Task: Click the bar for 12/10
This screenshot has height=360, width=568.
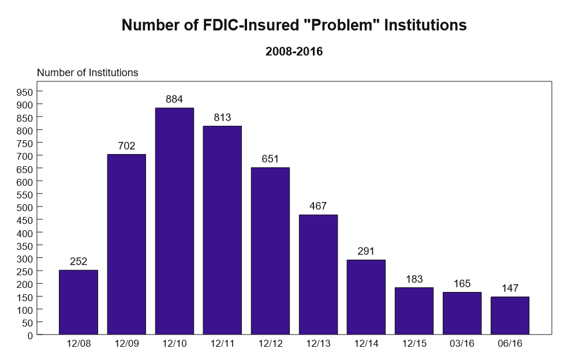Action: click(x=174, y=221)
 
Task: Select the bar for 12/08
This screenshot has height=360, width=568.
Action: click(x=79, y=302)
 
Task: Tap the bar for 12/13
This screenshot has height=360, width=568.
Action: click(x=318, y=274)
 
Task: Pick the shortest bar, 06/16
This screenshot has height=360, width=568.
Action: click(x=510, y=315)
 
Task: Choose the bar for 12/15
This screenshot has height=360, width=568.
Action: click(x=414, y=310)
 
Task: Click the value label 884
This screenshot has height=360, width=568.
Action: click(x=174, y=99)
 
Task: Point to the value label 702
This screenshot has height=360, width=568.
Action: click(x=126, y=146)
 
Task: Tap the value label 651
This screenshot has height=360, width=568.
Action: click(x=270, y=159)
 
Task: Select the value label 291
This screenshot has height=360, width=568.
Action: click(x=366, y=251)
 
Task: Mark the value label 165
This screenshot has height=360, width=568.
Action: click(x=462, y=283)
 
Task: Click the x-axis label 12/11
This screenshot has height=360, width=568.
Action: click(x=222, y=344)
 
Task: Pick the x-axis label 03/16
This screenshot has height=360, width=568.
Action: click(x=462, y=344)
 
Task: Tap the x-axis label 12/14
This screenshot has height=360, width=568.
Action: click(x=366, y=344)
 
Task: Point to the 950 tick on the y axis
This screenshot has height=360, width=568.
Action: click(x=26, y=92)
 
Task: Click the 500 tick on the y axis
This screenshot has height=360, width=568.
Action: click(x=26, y=207)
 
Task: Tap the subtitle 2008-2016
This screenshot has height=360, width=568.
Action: click(x=294, y=51)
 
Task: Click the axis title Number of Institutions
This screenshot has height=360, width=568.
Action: click(x=88, y=73)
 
